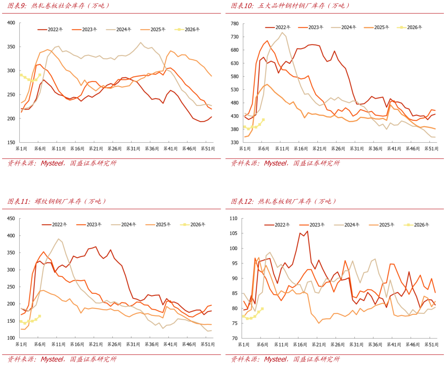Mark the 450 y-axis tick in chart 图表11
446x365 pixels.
(10, 219)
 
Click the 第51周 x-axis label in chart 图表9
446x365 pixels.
(209, 149)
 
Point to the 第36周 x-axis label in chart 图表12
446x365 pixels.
(379, 344)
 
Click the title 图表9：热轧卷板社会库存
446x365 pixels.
(59, 6)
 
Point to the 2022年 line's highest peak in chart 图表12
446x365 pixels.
(307, 231)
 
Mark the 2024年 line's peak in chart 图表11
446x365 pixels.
(59, 239)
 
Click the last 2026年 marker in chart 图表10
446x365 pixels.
(263, 120)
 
